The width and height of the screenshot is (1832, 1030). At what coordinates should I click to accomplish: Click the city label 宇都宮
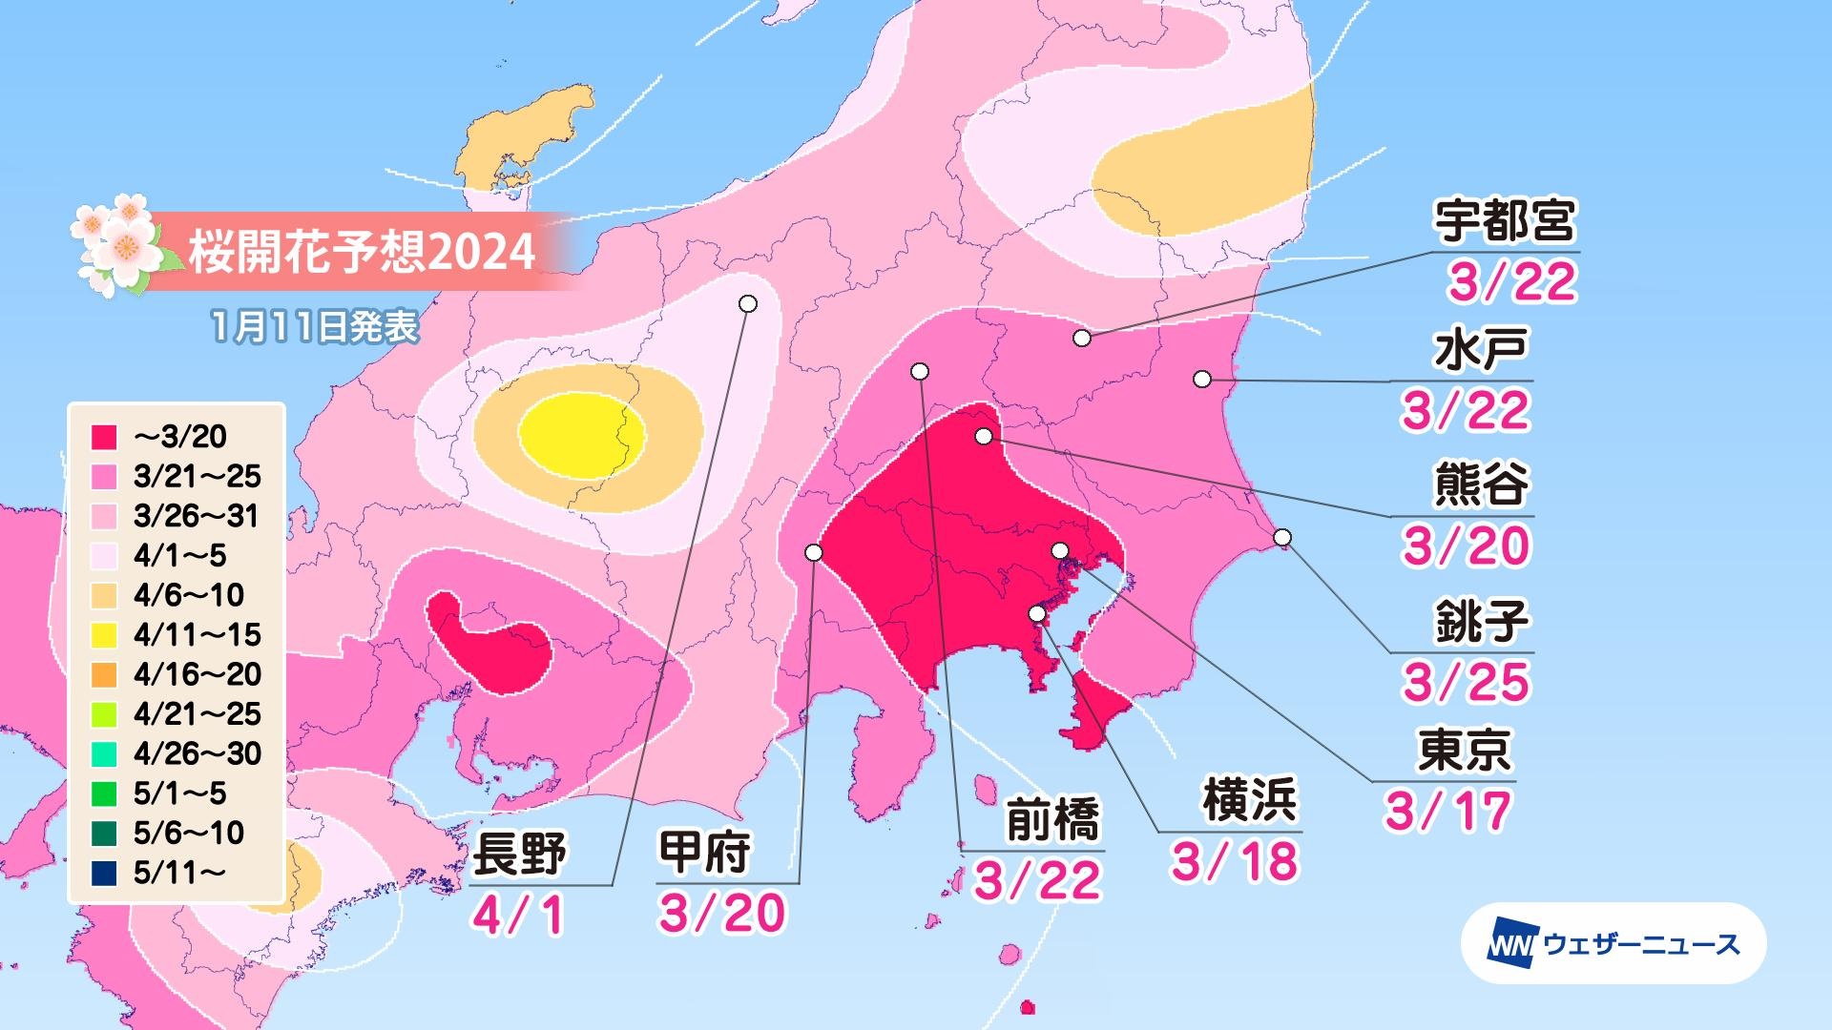point(1505,223)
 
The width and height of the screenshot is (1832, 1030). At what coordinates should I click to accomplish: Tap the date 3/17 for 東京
point(1447,812)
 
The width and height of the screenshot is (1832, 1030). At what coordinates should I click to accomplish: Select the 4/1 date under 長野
point(518,914)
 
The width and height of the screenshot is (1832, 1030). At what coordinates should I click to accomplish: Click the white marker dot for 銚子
point(1282,538)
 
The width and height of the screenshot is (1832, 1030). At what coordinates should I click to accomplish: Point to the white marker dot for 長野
point(748,303)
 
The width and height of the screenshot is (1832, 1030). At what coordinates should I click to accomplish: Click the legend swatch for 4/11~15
point(105,635)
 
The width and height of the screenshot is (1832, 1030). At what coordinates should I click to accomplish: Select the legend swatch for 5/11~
point(105,873)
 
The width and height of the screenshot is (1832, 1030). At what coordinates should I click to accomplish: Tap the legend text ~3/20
point(181,437)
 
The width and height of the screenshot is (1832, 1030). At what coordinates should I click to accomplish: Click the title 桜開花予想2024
point(361,253)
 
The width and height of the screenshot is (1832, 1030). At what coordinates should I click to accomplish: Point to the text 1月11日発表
point(315,327)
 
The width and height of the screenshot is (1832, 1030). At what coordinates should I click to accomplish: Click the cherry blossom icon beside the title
point(117,245)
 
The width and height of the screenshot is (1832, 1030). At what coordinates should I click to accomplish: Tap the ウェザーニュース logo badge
point(1613,944)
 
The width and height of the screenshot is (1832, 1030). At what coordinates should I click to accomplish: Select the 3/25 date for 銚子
point(1466,682)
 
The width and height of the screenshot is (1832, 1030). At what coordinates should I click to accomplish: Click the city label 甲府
point(705,852)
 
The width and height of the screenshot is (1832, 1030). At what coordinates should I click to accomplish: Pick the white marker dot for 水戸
point(1202,380)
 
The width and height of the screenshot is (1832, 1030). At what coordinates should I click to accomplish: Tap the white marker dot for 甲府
point(814,552)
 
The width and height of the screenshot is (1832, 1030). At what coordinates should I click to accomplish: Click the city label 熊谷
point(1481,485)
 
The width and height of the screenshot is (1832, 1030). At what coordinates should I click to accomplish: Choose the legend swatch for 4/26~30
point(105,754)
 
